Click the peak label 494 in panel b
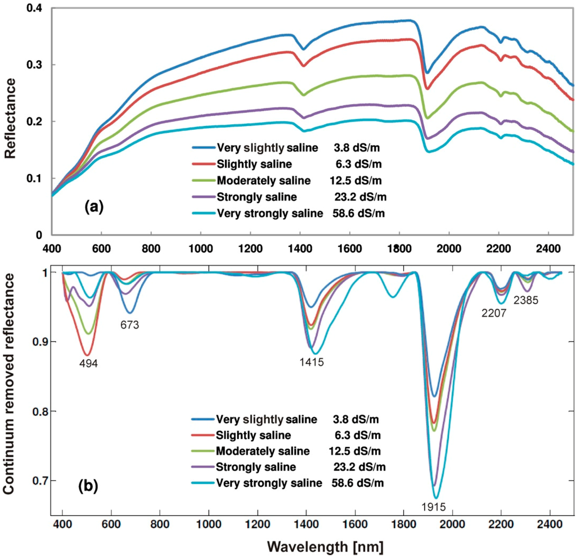point(88,363)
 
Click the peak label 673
point(129,324)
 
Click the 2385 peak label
point(526,300)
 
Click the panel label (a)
point(94,206)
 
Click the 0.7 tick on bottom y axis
point(38,481)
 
